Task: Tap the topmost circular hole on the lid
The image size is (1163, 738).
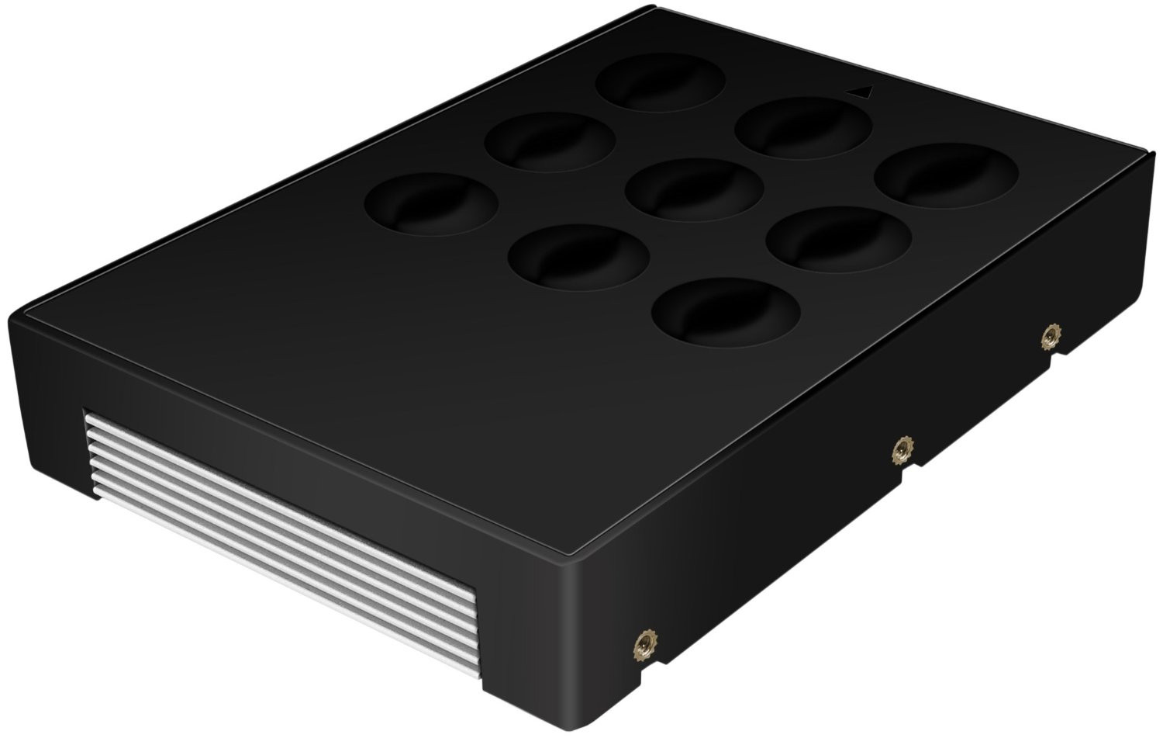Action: (x=661, y=82)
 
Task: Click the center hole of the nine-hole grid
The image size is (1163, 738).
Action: (x=693, y=191)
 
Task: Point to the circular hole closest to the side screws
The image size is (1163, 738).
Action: (x=726, y=313)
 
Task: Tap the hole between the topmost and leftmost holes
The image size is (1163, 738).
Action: (x=550, y=141)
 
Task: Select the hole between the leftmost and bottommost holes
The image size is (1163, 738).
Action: (x=579, y=256)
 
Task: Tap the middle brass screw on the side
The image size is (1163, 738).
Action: (x=901, y=449)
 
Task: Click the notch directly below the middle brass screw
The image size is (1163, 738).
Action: (x=899, y=475)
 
